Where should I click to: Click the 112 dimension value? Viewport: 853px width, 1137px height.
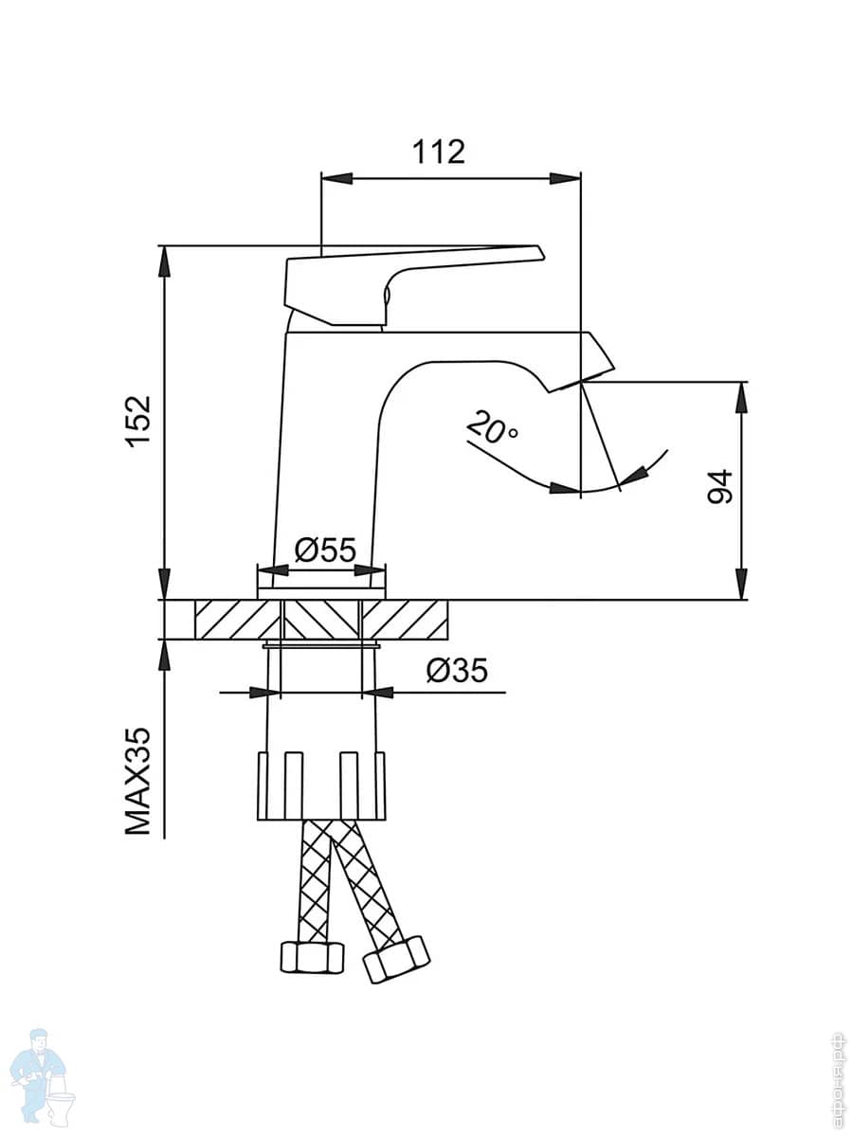(438, 151)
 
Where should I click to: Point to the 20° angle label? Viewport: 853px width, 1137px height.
(492, 429)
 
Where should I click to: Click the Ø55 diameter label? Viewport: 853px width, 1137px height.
(324, 550)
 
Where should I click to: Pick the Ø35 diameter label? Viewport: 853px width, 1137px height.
(456, 671)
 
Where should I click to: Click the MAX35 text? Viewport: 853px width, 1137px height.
(138, 782)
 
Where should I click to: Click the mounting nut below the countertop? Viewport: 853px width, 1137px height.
(321, 785)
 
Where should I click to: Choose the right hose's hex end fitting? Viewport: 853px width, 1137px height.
(396, 959)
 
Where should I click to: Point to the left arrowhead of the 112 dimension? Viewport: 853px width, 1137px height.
(336, 178)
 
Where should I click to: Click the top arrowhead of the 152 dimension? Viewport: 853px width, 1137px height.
(165, 261)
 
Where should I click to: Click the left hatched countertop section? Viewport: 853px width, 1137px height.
(236, 620)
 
